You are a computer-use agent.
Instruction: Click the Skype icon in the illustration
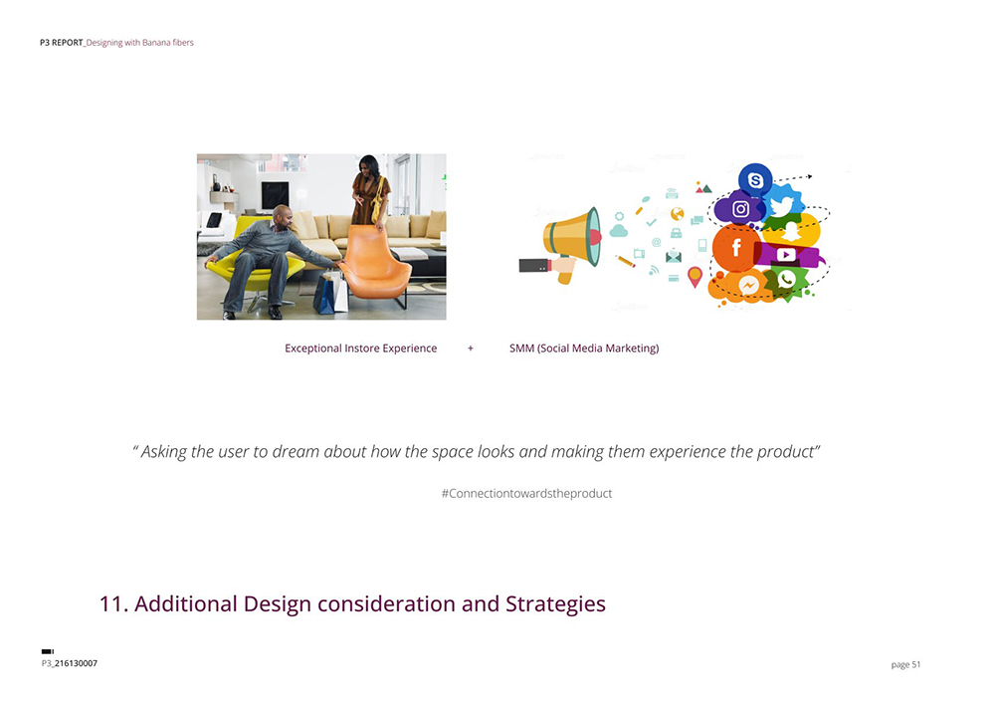click(755, 180)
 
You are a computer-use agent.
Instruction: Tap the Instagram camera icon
click(740, 209)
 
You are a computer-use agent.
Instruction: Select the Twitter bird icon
click(782, 206)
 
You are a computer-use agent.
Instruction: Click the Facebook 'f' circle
click(736, 248)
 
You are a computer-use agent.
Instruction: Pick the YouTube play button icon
click(786, 255)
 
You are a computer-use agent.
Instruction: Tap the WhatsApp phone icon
click(787, 280)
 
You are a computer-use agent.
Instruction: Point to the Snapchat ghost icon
click(791, 232)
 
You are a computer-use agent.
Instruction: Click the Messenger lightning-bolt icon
click(749, 285)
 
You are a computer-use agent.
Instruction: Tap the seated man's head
click(283, 217)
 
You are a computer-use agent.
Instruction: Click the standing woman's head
click(369, 166)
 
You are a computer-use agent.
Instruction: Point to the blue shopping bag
click(324, 295)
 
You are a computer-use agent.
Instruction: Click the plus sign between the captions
click(471, 349)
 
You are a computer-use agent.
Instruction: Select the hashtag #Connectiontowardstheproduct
click(526, 493)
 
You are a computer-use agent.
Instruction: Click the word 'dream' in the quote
click(296, 451)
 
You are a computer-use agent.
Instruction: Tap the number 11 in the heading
click(113, 603)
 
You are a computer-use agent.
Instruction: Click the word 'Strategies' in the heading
click(555, 604)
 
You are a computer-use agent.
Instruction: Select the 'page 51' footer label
click(905, 664)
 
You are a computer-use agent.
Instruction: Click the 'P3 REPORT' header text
click(61, 43)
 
